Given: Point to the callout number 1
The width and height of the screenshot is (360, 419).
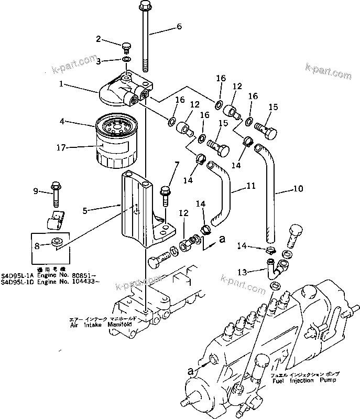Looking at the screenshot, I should (61, 83).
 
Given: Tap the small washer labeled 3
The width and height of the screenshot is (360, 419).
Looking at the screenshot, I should (127, 60).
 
